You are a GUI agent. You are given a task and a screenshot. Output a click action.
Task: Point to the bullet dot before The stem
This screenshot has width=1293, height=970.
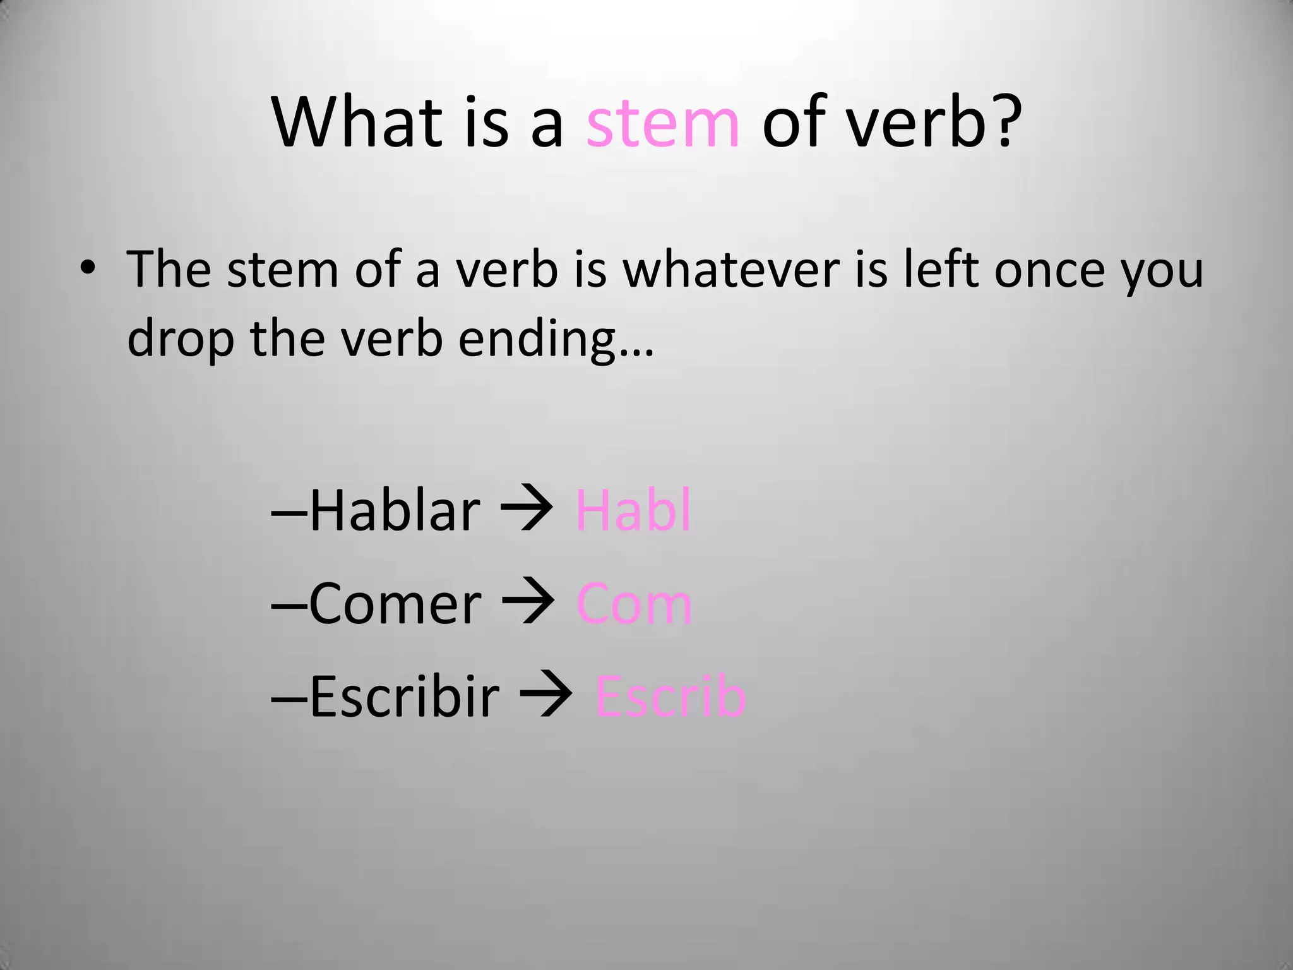coord(88,269)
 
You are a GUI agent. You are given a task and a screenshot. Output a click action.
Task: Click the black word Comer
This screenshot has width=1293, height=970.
coord(395,605)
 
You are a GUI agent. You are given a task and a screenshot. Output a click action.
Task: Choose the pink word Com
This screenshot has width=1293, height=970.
coord(635,605)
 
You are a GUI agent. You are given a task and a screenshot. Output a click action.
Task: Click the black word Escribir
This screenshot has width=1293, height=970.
coord(404,697)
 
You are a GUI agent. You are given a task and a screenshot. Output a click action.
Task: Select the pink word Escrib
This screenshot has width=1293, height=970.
coord(670,697)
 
